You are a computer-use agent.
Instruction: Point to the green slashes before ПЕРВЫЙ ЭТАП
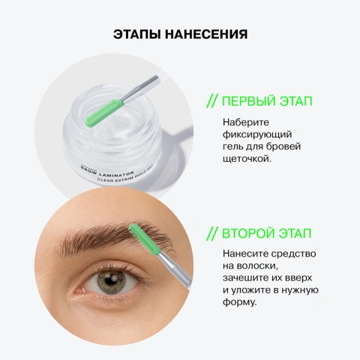pos(212,101)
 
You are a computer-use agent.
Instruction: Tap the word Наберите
pos(245,122)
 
